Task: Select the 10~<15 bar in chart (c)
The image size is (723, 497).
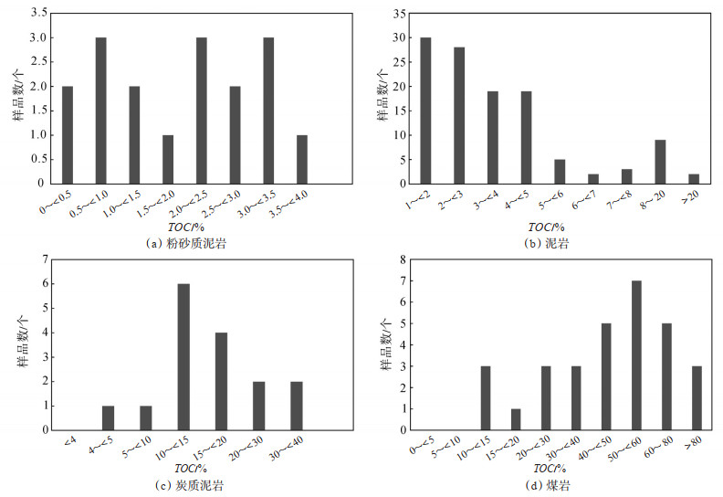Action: [x=183, y=356]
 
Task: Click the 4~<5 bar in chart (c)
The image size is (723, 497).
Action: [x=108, y=418]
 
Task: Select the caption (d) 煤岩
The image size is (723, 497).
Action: [x=548, y=485]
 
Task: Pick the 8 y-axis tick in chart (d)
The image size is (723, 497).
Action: [x=403, y=260]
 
